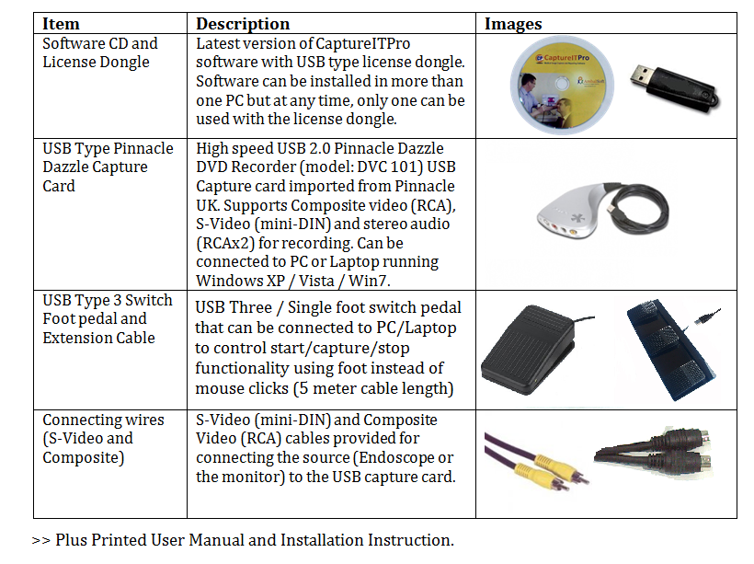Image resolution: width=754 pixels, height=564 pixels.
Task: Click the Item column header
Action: tap(61, 24)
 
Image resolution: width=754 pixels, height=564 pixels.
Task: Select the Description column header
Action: tap(243, 24)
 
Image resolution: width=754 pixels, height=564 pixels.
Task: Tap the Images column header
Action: tap(513, 24)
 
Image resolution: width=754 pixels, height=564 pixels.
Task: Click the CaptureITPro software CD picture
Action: tap(562, 86)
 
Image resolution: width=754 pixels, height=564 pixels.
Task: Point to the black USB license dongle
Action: tap(674, 88)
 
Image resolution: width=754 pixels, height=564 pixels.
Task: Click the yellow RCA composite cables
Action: tap(536, 461)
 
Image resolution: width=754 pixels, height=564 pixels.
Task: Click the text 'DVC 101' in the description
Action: tap(391, 167)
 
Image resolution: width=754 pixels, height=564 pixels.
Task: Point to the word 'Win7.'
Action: tap(370, 281)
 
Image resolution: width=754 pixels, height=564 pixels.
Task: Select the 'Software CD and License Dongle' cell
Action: tap(100, 52)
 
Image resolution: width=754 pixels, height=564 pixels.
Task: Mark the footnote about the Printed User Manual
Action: tap(243, 540)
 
